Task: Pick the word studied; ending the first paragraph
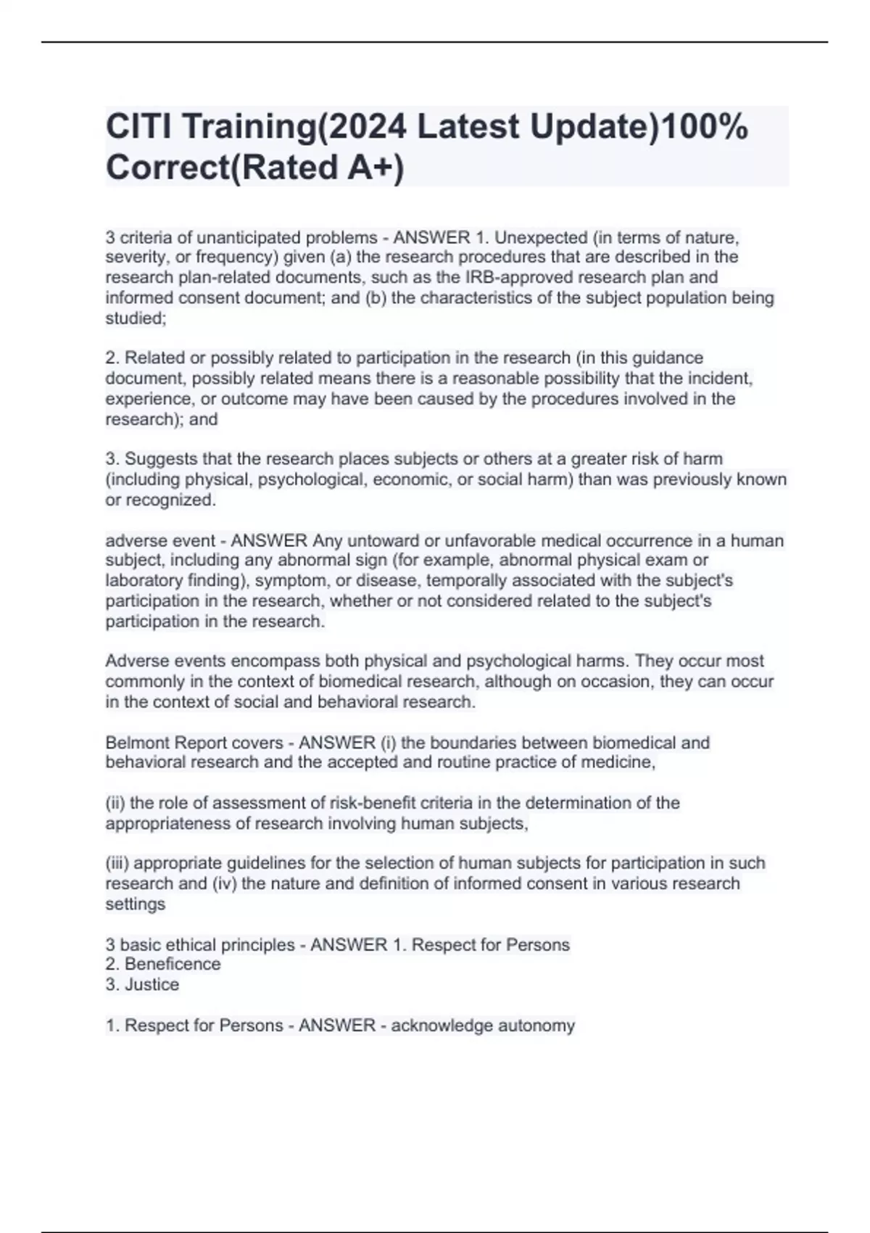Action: coord(136,318)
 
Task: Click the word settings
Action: coord(136,904)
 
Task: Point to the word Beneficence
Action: coord(173,964)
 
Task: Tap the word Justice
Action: coord(152,984)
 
